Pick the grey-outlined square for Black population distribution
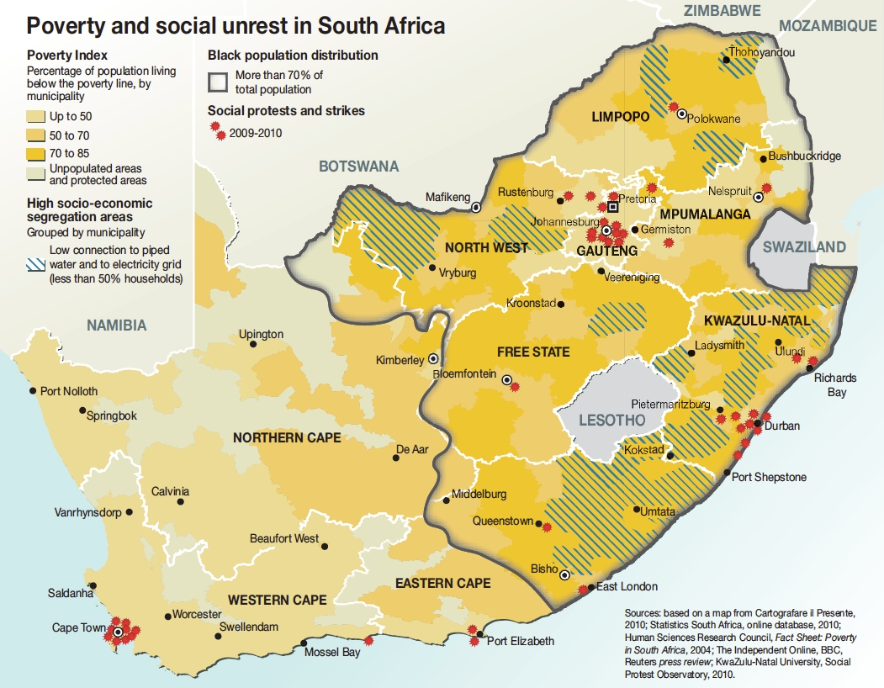(219, 82)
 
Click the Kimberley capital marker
(433, 357)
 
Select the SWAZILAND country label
(803, 247)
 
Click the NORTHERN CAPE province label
(287, 437)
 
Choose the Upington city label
(261, 334)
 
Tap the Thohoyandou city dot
(725, 59)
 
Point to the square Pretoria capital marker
(613, 206)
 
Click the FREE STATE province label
(533, 352)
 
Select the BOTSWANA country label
(358, 167)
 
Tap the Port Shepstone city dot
(728, 473)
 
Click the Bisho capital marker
(565, 575)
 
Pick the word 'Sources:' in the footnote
(644, 613)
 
